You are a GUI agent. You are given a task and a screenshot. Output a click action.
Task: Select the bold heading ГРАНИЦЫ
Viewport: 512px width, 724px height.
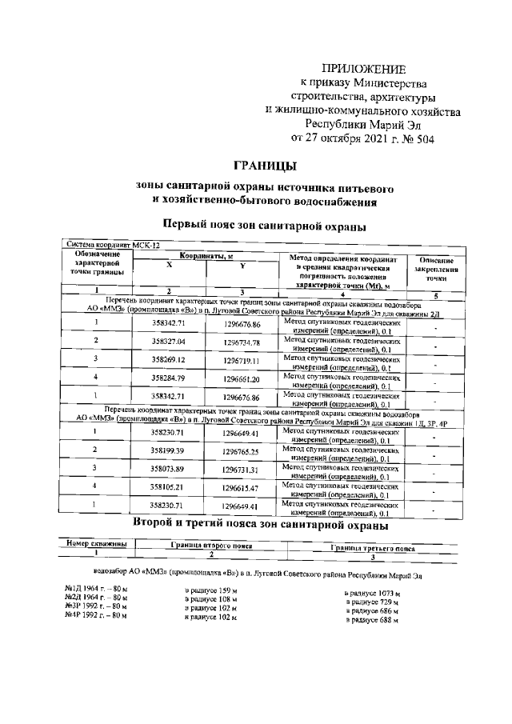click(265, 166)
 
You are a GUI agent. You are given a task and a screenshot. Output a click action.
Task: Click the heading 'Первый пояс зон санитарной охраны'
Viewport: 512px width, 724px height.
click(264, 226)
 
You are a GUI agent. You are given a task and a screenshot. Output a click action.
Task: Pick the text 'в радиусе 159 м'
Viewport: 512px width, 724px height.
click(211, 590)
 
